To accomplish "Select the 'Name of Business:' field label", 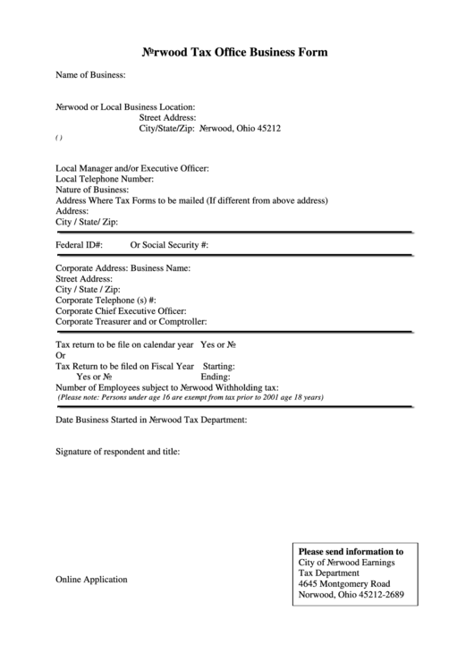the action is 90,75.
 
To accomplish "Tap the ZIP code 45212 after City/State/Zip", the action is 270,128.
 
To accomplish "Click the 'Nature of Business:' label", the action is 92,190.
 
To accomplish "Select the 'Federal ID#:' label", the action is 80,243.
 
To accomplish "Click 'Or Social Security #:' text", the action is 170,243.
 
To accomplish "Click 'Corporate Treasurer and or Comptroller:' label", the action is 131,322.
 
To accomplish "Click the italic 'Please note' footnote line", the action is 190,397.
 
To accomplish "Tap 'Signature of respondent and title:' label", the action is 118,452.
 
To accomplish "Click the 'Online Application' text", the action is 91,580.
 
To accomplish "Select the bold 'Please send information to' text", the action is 351,552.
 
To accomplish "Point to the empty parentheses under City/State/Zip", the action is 58,139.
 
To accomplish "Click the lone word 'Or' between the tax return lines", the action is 61,355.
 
